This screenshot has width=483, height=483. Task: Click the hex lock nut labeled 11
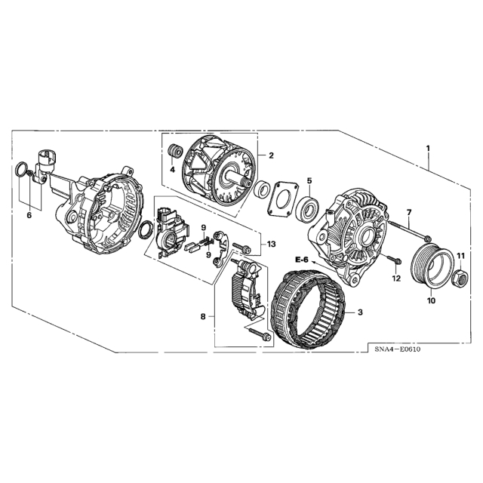pos(460,277)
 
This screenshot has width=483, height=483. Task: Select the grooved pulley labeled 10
pos(432,266)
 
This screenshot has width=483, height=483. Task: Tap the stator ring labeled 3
pos(310,309)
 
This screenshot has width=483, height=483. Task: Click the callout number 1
pos(428,149)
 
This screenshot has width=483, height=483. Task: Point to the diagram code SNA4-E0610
pos(398,349)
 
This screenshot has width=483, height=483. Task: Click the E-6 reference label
pos(301,260)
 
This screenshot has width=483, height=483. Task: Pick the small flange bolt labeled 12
pos(393,260)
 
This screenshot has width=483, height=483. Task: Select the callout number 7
pos(409,212)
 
